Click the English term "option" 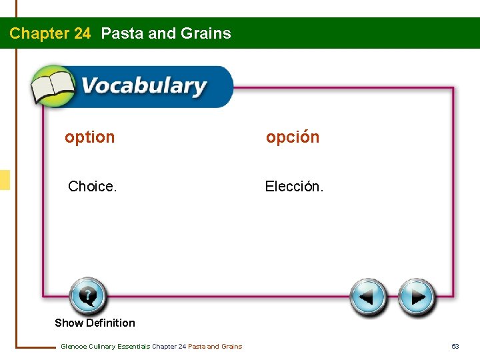click(89, 137)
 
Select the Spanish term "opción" click(293, 137)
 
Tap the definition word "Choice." click(93, 187)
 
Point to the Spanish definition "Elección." click(294, 187)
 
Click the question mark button click(87, 296)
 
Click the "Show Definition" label click(95, 323)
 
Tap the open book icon click(53, 87)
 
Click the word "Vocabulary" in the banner click(144, 87)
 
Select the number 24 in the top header click(81, 33)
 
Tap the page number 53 click(455, 346)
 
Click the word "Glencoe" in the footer click(73, 346)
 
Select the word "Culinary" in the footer click(102, 346)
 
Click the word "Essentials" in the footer click(133, 346)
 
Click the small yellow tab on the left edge click(5, 180)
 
